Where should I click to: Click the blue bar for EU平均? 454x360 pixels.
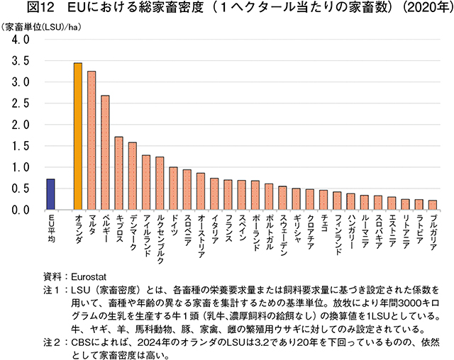pyautogui.click(x=50, y=194)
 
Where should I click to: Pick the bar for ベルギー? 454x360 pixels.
pyautogui.click(x=105, y=152)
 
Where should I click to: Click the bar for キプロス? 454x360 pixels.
pyautogui.click(x=118, y=173)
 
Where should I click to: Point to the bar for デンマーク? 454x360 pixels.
pyautogui.click(x=132, y=176)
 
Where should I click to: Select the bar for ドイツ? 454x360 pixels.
pyautogui.click(x=173, y=189)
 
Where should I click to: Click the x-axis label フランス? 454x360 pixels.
pyautogui.click(x=228, y=228)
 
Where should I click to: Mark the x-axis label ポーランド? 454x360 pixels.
pyautogui.click(x=255, y=232)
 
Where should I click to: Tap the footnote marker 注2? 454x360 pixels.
pyautogui.click(x=52, y=342)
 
